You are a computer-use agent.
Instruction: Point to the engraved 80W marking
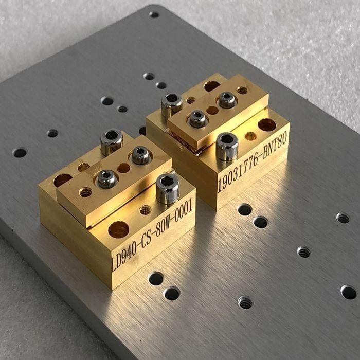[163, 227]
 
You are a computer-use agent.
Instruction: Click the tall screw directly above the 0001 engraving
[168, 189]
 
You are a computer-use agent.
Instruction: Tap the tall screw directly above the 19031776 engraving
[227, 147]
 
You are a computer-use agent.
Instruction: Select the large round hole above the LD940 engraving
[119, 229]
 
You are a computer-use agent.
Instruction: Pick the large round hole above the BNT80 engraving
[267, 124]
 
